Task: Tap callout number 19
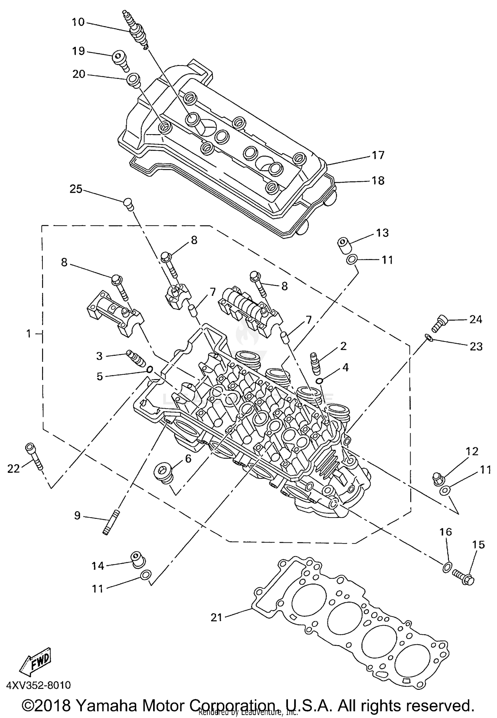pos(79,51)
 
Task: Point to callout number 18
pos(378,181)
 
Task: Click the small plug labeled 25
pos(128,203)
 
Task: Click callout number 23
pos(476,347)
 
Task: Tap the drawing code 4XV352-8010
pos(38,685)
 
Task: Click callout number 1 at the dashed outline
pos(29,333)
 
